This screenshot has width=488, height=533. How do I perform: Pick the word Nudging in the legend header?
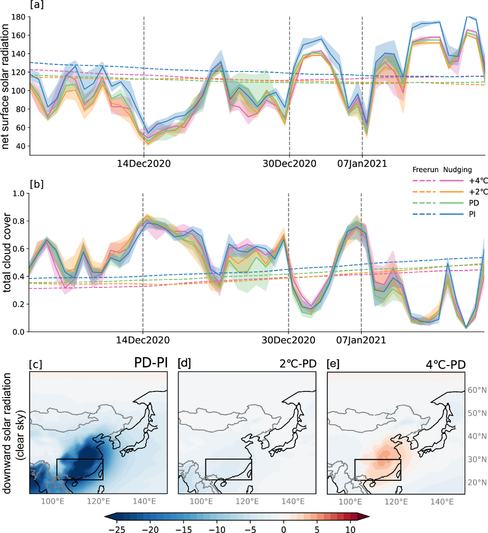point(458,170)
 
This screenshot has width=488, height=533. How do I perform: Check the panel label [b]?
point(36,184)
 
